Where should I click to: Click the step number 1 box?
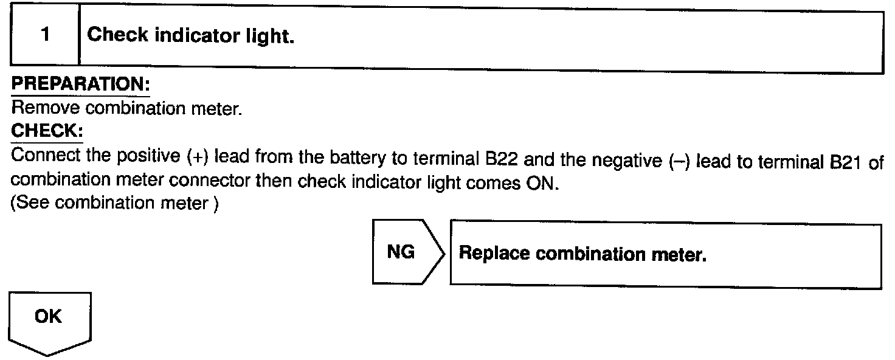[45, 35]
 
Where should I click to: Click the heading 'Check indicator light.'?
[191, 35]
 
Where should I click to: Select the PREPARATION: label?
[80, 85]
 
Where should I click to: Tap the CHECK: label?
[47, 131]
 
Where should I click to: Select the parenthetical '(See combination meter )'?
[116, 202]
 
